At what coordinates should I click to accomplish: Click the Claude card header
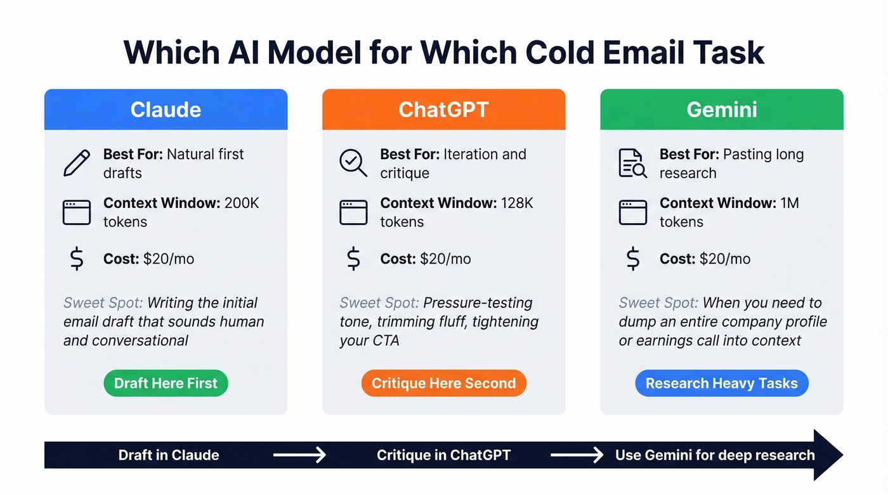coord(166,109)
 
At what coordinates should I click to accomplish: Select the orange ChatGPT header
coord(443,109)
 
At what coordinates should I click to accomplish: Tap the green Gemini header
coord(722,109)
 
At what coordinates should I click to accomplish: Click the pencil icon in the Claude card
coord(77,163)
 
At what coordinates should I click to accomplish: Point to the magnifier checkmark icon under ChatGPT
coord(353,163)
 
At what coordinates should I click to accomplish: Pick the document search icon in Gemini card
coord(632,163)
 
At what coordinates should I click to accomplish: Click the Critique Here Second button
coord(443,383)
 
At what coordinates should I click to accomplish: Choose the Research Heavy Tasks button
coord(722,383)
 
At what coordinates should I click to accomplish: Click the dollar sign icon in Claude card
coord(77,259)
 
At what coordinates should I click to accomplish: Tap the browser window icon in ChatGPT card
coord(353,212)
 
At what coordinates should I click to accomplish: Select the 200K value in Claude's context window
coord(242,203)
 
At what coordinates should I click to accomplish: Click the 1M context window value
coord(789,203)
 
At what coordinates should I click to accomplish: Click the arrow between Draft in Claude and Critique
coord(299,455)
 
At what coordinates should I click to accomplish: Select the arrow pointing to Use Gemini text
coord(577,455)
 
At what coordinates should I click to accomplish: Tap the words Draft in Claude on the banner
coord(169,455)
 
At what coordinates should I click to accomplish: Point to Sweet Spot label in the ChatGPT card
coord(379,303)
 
